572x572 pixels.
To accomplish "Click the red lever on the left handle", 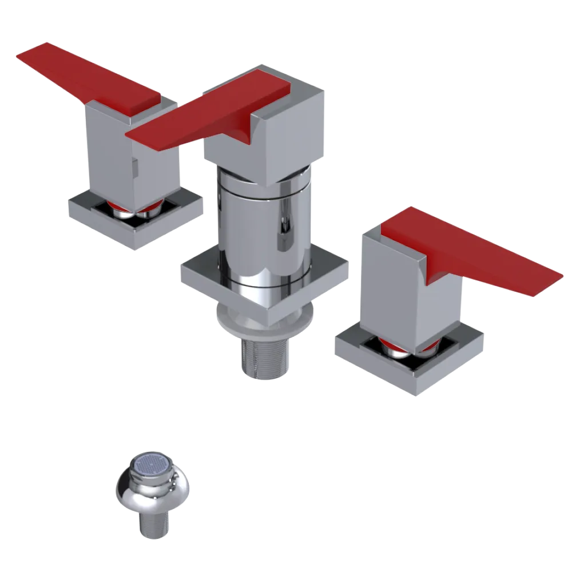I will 86,77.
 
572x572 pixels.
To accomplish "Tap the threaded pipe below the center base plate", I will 264,355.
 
